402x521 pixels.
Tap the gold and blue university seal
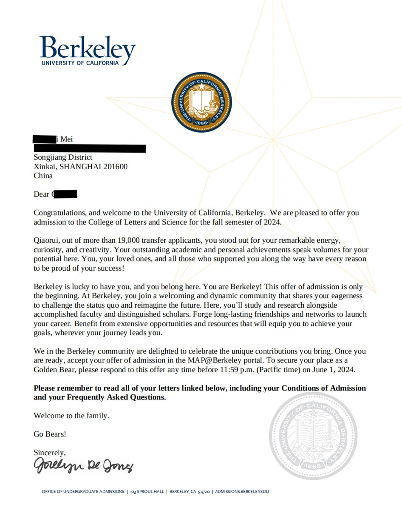pyautogui.click(x=201, y=102)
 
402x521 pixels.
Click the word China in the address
pyautogui.click(x=43, y=176)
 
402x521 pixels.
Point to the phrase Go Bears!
pyautogui.click(x=50, y=434)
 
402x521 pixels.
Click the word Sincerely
pyautogui.click(x=50, y=453)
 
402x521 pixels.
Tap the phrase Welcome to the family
pyautogui.click(x=71, y=416)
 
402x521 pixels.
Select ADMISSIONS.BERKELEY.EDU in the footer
pyautogui.click(x=242, y=492)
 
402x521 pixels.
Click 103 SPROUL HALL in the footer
pyautogui.click(x=147, y=492)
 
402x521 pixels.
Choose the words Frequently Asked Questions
pyautogui.click(x=116, y=397)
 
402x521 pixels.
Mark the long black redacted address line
pyautogui.click(x=90, y=148)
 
